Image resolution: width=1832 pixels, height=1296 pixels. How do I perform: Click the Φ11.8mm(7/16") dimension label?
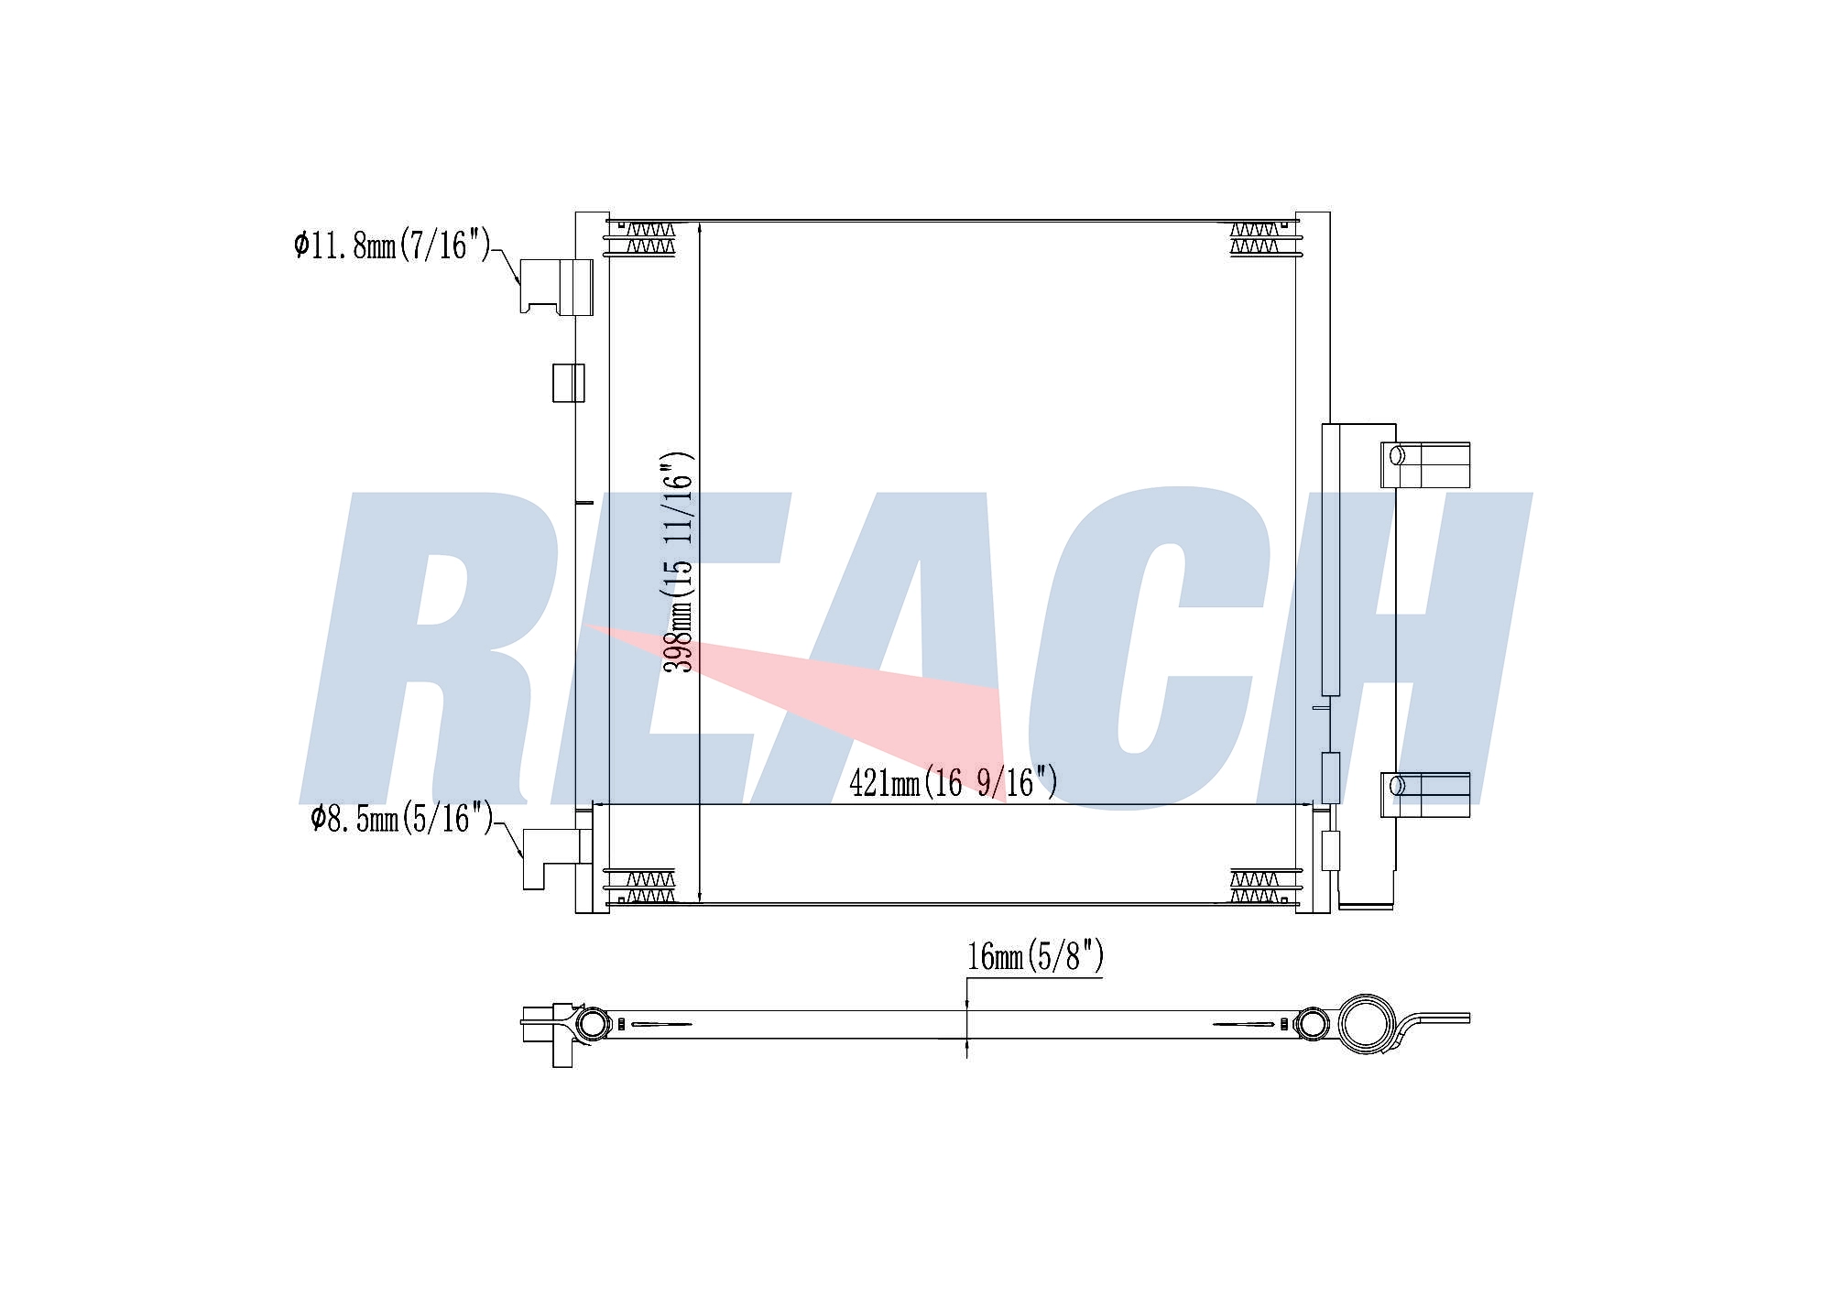pos(392,245)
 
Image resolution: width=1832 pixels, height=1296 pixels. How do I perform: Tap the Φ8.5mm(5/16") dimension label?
pos(401,818)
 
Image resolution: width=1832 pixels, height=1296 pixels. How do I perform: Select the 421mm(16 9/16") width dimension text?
pos(954,783)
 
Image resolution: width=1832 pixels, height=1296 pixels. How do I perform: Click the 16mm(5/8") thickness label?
pos(1035,957)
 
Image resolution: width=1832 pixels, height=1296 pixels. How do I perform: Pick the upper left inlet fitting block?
pos(556,286)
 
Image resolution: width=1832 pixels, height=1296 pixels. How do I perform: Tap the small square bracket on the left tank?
pos(568,382)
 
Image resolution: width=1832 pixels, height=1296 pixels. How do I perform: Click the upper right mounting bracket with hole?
pos(1425,464)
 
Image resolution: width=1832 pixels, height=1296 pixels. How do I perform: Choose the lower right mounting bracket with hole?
pos(1425,794)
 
